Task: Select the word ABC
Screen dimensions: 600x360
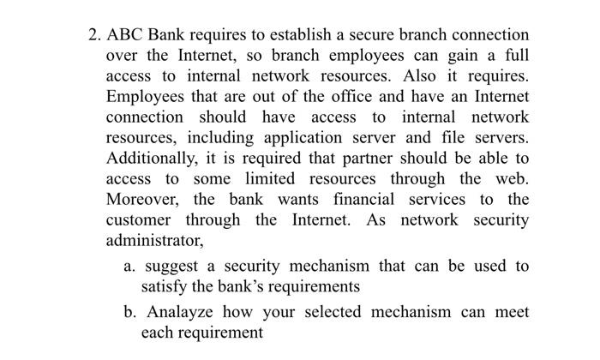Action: pos(125,35)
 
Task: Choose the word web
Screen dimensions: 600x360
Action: pos(511,179)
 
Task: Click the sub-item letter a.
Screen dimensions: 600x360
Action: pos(129,267)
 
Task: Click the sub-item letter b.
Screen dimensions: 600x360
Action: pos(129,312)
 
